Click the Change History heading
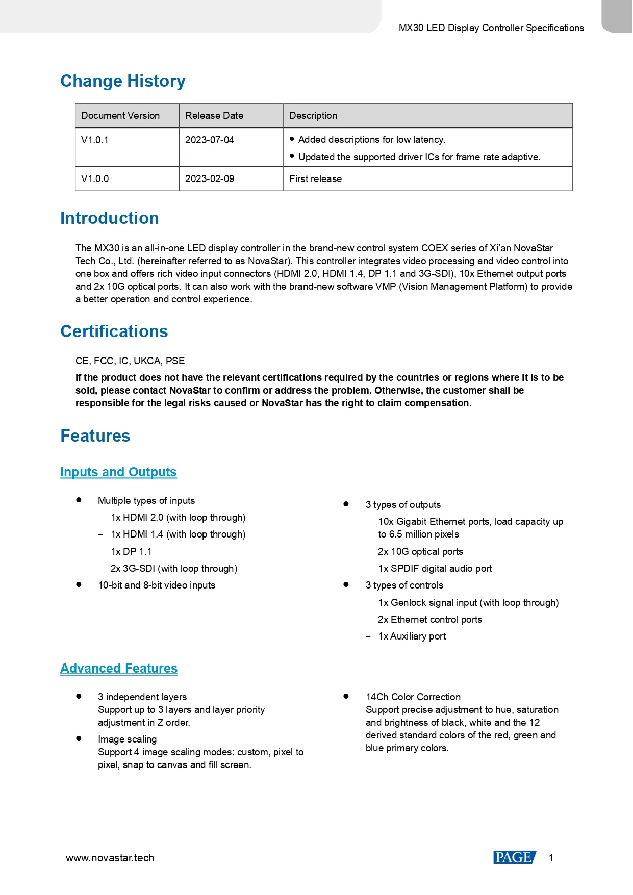122,81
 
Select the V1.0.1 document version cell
95,140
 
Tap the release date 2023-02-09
210,179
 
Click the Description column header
313,116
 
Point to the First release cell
315,179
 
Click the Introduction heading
109,218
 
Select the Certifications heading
114,331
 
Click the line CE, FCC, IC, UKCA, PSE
130,361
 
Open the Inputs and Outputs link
118,472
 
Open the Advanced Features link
119,669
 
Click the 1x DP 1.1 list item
131,552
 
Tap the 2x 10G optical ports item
420,552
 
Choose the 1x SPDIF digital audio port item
435,569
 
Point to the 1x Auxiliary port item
412,636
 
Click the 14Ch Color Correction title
413,697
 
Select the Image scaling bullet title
127,739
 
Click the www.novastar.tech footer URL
110,858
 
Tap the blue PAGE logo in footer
514,858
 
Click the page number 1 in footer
551,858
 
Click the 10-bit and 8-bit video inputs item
156,585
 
